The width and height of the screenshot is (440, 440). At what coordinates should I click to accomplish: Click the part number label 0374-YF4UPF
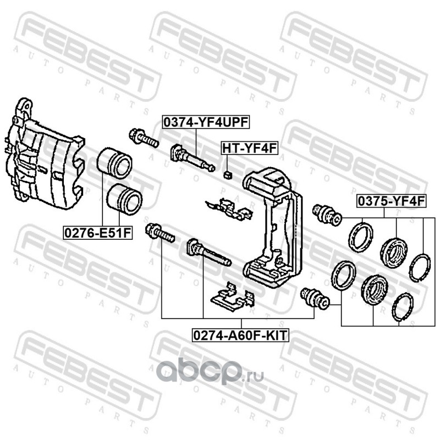click(206, 122)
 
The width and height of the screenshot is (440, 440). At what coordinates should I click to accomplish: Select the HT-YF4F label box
click(250, 148)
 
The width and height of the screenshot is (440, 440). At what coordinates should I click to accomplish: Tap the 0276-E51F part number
click(98, 233)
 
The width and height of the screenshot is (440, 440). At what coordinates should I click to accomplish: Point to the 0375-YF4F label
click(392, 201)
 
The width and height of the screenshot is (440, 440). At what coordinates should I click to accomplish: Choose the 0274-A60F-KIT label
click(240, 335)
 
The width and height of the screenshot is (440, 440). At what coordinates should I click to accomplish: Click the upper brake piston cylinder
click(114, 163)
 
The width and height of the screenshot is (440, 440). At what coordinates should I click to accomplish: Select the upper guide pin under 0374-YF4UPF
click(193, 158)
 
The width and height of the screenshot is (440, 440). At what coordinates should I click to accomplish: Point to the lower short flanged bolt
click(160, 233)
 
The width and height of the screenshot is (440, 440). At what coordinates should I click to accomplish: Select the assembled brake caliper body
click(45, 155)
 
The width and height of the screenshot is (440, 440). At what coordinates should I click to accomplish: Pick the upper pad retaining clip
click(229, 209)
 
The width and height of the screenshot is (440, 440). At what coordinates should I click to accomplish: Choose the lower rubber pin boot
click(315, 298)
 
